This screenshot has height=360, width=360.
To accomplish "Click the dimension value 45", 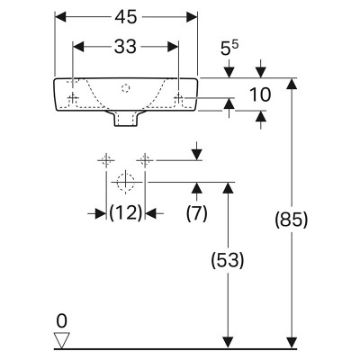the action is tap(126, 17).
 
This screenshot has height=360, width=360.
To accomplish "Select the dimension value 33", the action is tap(125, 47).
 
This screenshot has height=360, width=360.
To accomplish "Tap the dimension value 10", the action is tap(260, 94).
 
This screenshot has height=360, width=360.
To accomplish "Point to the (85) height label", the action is tap(292, 220).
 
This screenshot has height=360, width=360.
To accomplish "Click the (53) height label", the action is tap(228, 260).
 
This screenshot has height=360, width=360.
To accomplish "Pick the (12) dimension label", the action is tap(125, 213).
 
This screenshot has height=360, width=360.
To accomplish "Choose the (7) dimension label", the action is tap(196, 213).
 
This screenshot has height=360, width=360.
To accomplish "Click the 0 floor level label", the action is tap(61, 321).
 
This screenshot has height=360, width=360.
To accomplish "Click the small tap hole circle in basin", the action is tap(125, 88).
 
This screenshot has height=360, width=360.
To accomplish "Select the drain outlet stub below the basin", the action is tap(126, 119).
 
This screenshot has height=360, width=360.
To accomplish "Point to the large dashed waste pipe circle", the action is tap(126, 182).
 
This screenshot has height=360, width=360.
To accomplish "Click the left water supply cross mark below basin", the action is tap(106, 160).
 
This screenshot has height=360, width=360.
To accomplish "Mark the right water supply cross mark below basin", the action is tap(145, 160).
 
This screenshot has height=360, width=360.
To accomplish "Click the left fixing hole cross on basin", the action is tap(73, 97).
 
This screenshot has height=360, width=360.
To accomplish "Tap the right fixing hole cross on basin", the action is tap(179, 97).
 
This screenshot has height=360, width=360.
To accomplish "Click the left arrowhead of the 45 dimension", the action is tap(60, 17).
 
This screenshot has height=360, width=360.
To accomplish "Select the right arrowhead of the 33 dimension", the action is tap(173, 47).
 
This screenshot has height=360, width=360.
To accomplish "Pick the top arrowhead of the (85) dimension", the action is tap(292, 84).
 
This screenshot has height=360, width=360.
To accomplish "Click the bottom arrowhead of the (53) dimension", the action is tap(229, 343).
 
